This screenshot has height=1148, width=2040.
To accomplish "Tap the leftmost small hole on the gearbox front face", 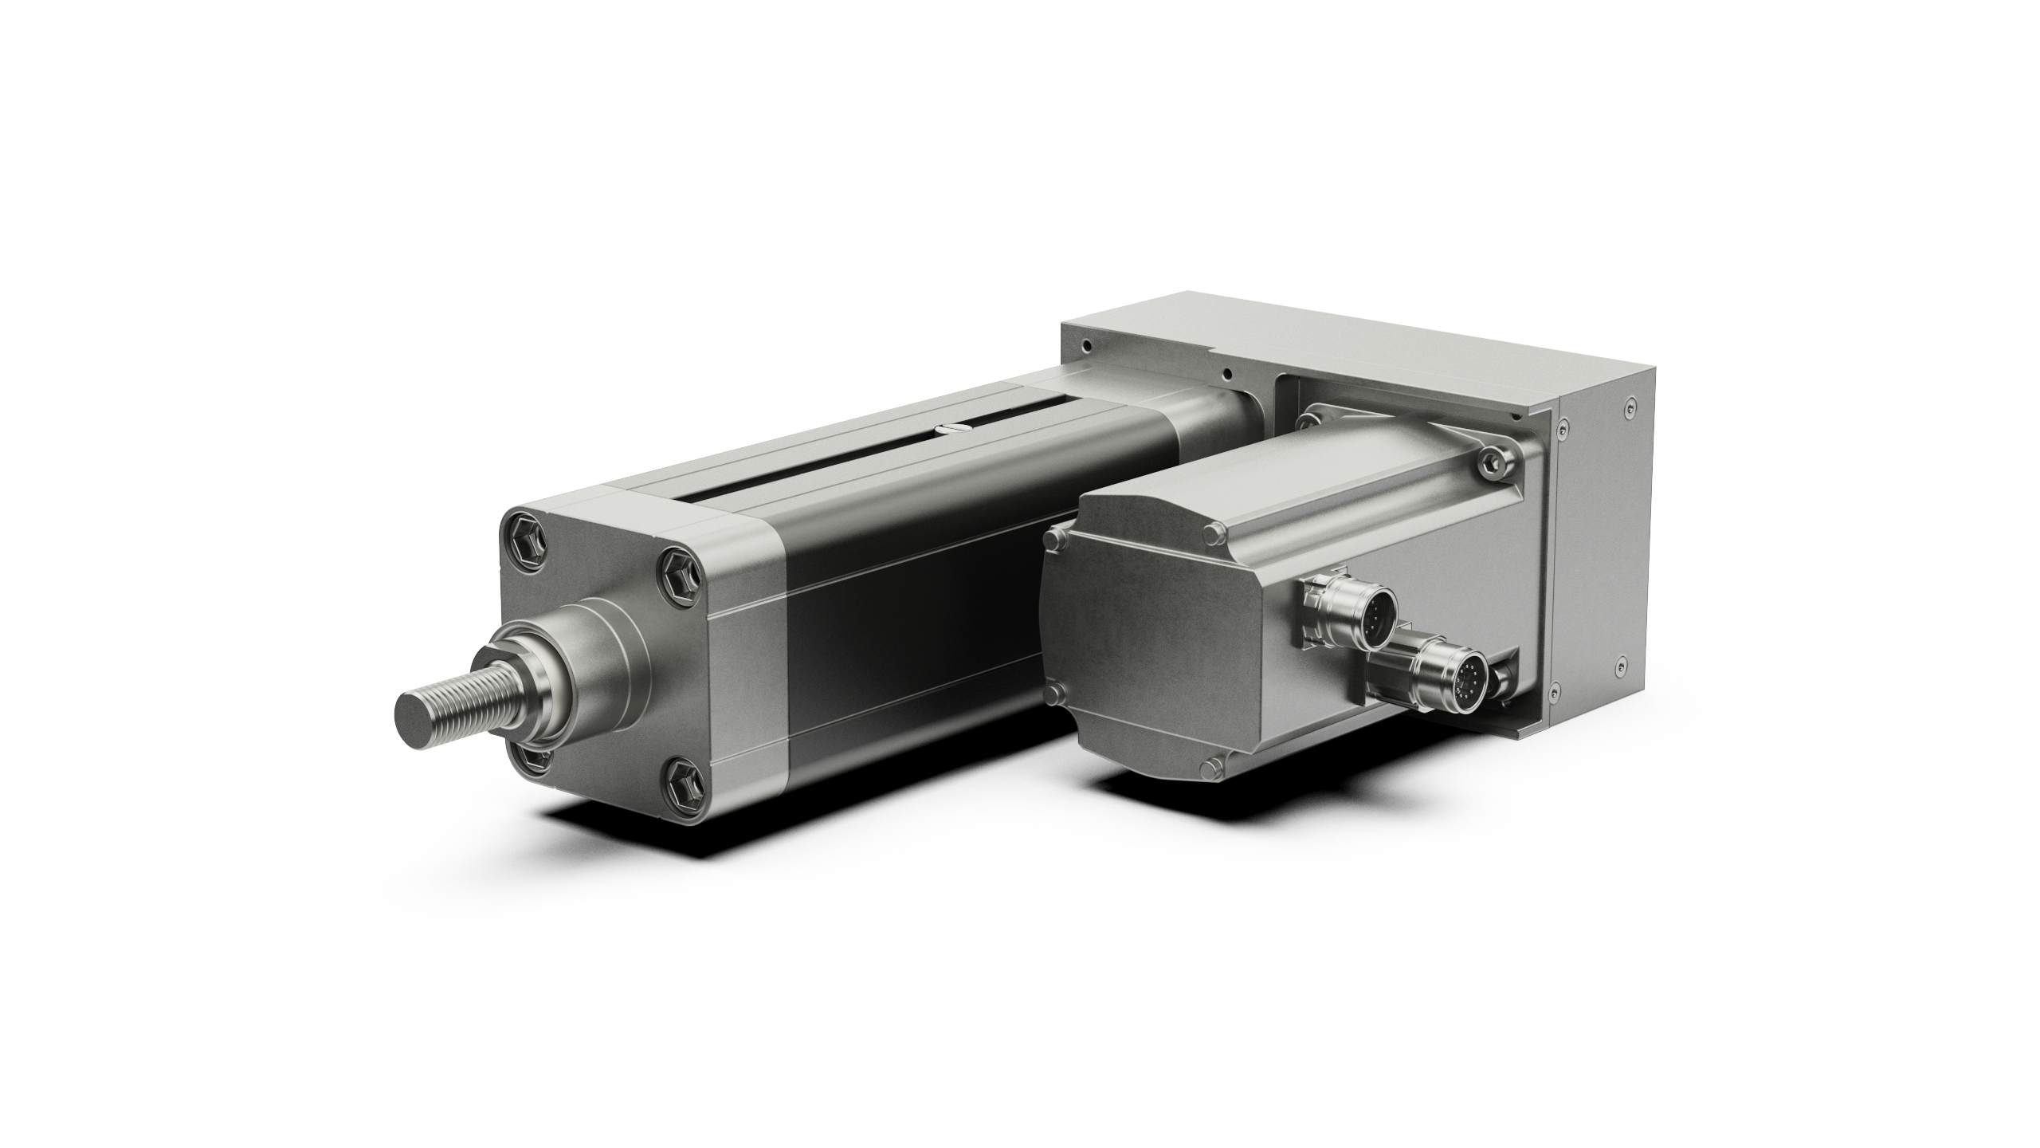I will (x=1087, y=346).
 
